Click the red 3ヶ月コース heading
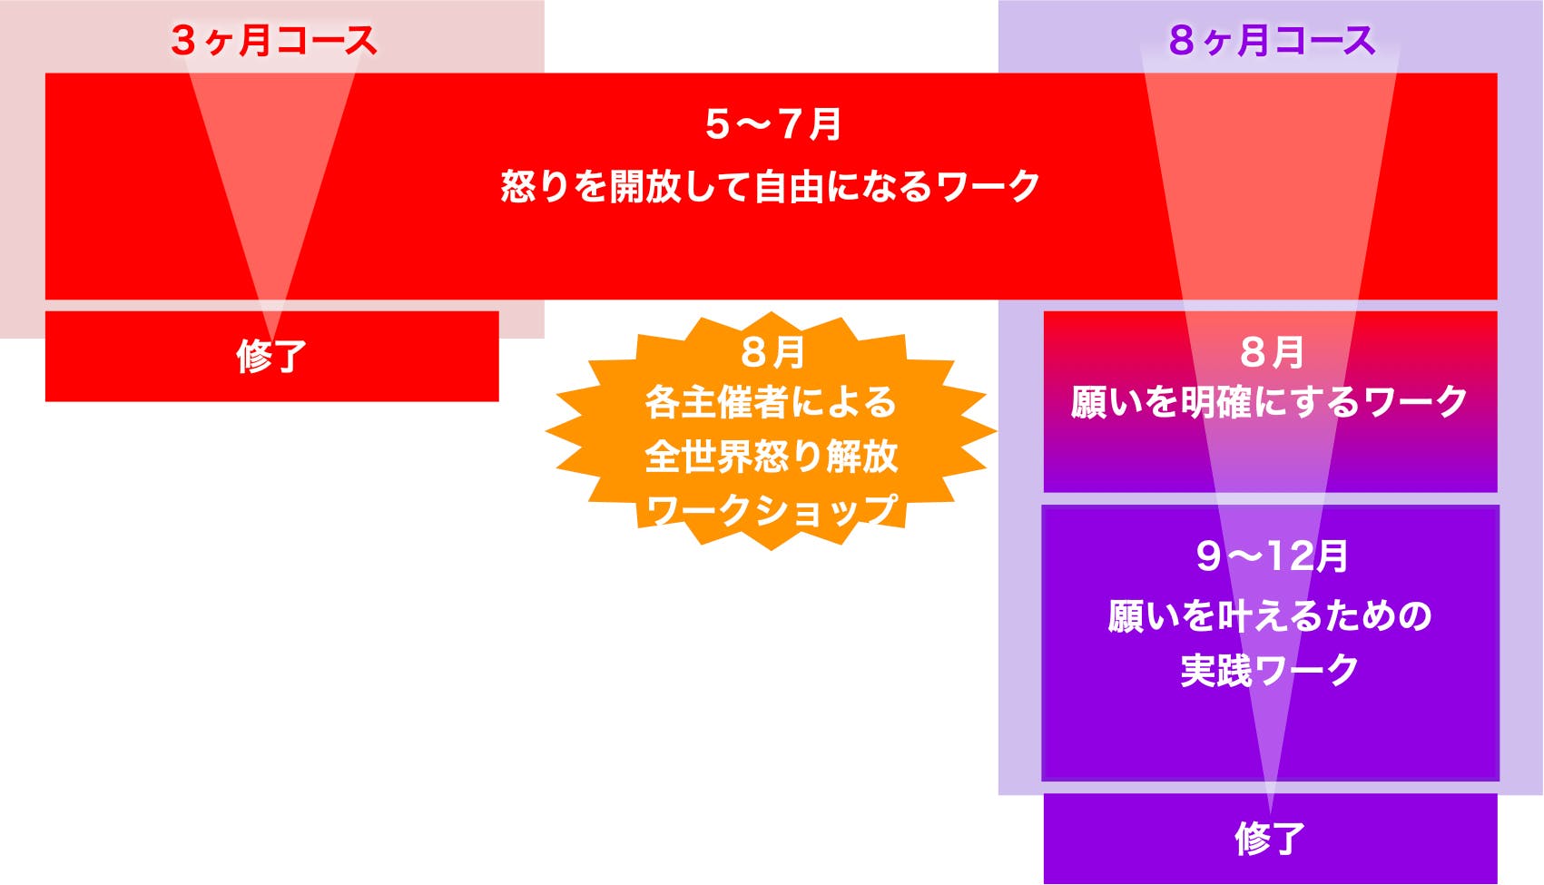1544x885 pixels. coord(273,41)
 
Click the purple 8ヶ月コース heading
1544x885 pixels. coord(1273,41)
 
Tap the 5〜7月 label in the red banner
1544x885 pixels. coord(772,124)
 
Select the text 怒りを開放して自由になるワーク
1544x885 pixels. coord(771,186)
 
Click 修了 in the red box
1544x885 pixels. coord(271,357)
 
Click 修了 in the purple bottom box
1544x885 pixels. coord(1271,839)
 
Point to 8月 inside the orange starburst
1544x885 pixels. coord(772,352)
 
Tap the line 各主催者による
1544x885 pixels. coord(772,402)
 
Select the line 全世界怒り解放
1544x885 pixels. coord(772,457)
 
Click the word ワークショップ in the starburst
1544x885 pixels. coord(772,510)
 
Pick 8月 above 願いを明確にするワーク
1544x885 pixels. coord(1272,352)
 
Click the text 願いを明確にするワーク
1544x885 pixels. coord(1270,402)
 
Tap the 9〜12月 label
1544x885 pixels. coord(1272,556)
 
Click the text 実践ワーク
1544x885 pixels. coord(1270,669)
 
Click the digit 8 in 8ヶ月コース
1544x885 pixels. coord(1182,41)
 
